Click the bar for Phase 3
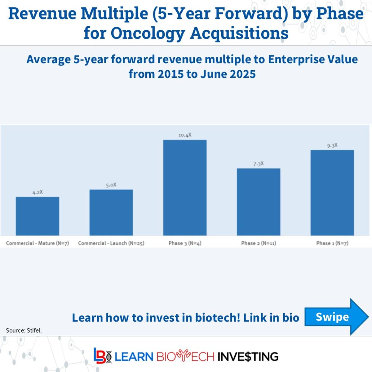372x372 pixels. click(185, 188)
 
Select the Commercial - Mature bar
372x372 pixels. click(38, 216)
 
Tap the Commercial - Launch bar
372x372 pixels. click(111, 212)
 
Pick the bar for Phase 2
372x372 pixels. click(259, 202)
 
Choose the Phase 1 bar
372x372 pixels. click(332, 193)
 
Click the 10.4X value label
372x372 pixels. click(185, 135)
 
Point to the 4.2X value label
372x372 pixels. click(38, 193)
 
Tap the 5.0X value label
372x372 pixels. click(111, 185)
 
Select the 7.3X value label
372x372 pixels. click(258, 164)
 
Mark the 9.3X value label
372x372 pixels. click(332, 145)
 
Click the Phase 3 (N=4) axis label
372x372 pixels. click(185, 243)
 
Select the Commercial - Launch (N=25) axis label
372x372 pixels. click(111, 243)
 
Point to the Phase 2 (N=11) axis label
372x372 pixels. click(259, 243)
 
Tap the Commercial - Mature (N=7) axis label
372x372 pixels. click(38, 243)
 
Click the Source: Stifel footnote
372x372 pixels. click(24, 330)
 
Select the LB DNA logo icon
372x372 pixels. click(102, 356)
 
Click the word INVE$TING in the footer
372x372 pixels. click(248, 356)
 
